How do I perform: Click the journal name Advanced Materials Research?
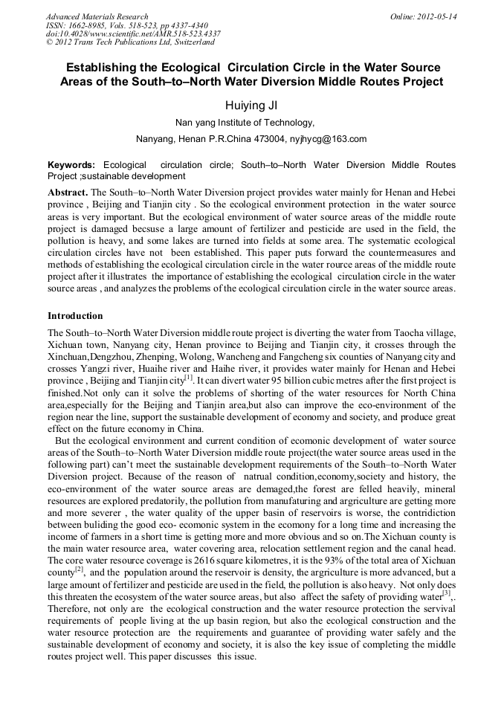tap(97, 16)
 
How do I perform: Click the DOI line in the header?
tap(133, 34)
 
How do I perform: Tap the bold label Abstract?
tap(68, 192)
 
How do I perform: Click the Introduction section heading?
tap(75, 316)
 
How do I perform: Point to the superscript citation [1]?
tap(188, 377)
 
